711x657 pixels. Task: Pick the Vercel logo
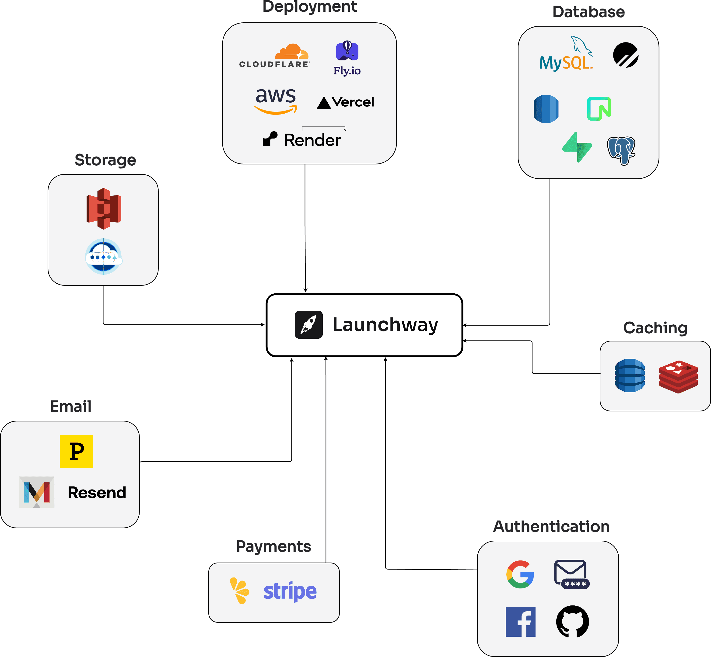tap(345, 102)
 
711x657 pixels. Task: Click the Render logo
tap(302, 140)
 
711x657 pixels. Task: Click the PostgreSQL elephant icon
tap(621, 151)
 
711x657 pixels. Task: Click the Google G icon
tap(520, 574)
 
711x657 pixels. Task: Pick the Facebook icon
tap(520, 622)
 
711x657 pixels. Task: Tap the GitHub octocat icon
tap(572, 622)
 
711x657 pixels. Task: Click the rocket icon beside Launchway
tap(308, 325)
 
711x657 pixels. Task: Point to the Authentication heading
tap(551, 527)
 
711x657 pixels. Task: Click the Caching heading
tap(655, 328)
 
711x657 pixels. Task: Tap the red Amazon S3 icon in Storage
tap(104, 209)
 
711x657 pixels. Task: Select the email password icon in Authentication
tap(571, 574)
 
